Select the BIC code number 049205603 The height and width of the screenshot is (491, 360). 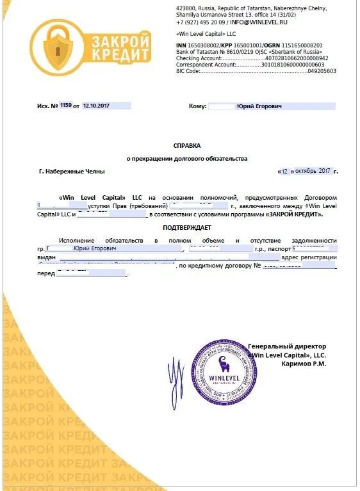coord(322,72)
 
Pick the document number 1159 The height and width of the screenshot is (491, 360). coord(66,106)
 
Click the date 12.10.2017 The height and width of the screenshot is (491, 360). coord(97,106)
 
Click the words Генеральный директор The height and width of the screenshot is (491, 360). coord(287,346)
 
